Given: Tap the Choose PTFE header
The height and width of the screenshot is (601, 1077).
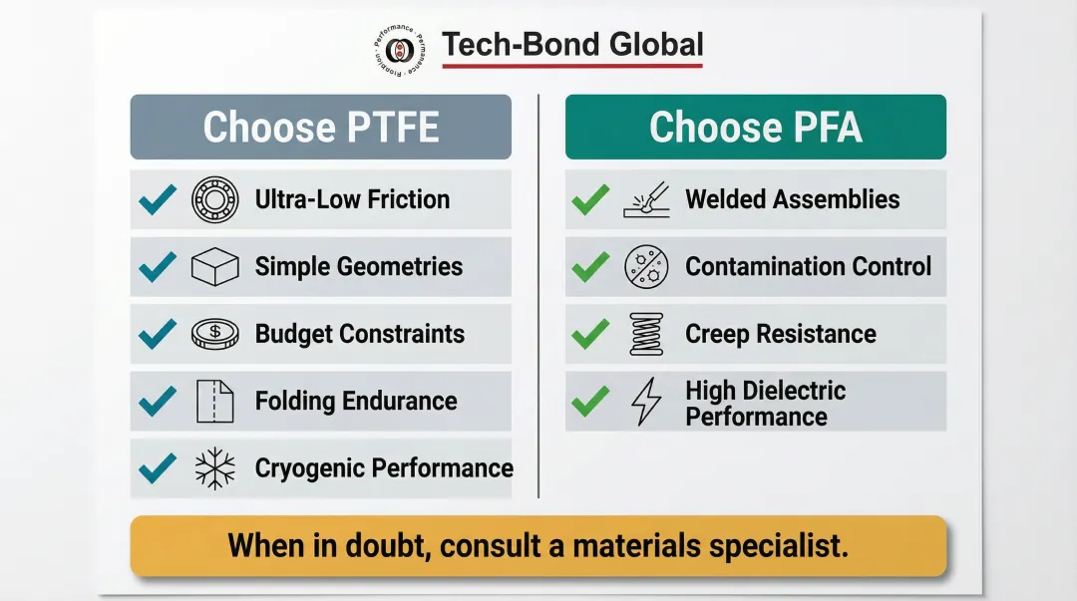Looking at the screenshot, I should click(320, 127).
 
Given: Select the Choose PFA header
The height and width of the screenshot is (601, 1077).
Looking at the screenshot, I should click(755, 127).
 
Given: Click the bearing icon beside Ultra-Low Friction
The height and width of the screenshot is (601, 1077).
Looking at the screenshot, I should click(214, 199).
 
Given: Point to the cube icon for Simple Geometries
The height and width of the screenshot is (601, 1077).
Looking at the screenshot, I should click(214, 266).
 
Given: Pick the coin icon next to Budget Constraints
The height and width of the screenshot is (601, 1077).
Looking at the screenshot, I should click(214, 334).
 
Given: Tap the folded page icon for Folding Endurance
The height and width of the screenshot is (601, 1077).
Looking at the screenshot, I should click(214, 401).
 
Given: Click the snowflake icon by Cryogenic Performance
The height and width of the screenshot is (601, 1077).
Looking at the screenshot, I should click(214, 467).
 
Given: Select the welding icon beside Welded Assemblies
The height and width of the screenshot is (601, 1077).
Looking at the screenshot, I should click(646, 200).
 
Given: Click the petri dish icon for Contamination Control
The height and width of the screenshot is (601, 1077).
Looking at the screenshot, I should click(646, 266).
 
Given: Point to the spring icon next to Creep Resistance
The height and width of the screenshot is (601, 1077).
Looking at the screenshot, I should click(646, 334).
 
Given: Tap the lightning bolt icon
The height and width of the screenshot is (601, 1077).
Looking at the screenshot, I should click(646, 402).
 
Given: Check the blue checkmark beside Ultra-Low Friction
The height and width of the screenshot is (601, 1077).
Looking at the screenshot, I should click(158, 199).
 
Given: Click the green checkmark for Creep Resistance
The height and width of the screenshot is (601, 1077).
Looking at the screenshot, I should click(590, 334).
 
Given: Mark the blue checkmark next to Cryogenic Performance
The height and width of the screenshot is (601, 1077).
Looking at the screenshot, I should click(158, 466).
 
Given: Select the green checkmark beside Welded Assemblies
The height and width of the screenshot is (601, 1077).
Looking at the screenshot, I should click(590, 199).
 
